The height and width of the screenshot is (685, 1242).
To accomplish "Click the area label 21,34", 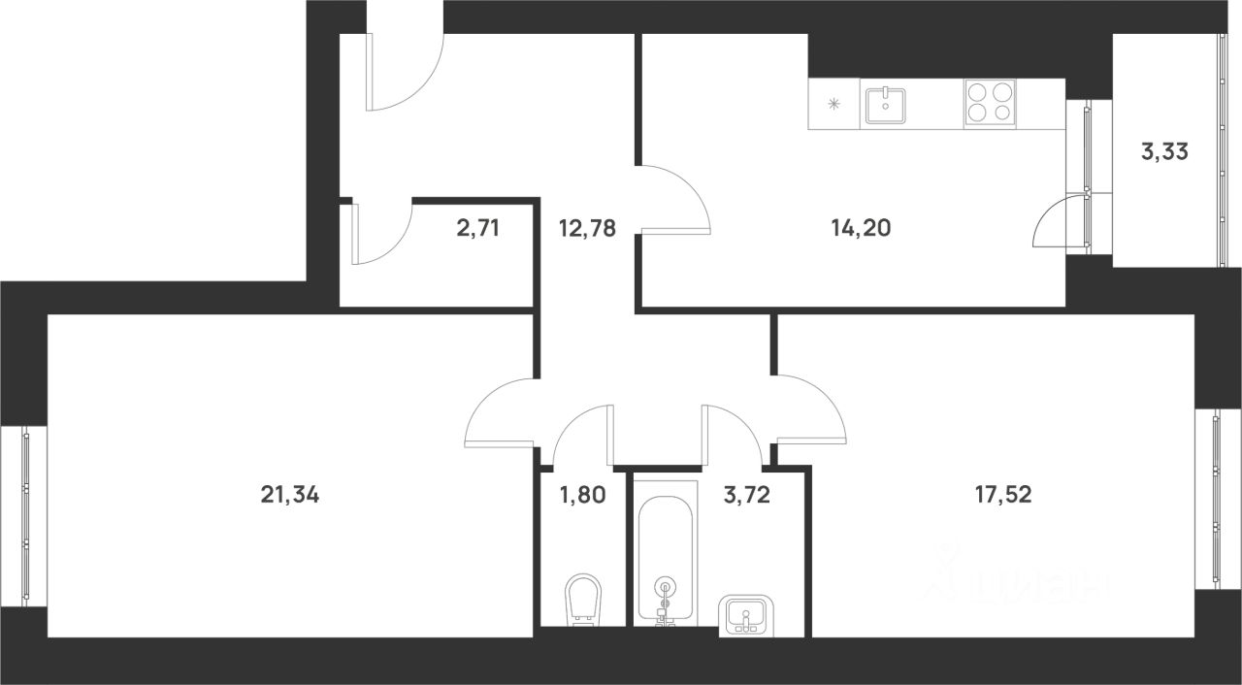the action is pos(290,495).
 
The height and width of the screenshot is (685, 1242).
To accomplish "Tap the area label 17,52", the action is pos(1003,495).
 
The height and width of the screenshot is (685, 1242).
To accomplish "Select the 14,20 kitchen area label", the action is pos(861,228).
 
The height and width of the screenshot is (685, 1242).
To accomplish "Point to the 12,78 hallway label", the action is pos(588,228).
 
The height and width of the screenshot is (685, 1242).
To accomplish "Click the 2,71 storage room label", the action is pos(478,228).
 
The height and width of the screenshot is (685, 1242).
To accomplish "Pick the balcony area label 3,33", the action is pos(1165,151).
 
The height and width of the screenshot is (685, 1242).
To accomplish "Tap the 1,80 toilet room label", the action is pos(583,495).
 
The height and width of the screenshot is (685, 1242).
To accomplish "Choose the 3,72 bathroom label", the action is pos(747,495).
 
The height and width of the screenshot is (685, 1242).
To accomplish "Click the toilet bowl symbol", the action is pos(583,600).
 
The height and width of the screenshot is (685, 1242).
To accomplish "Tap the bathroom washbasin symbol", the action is pos(746,615).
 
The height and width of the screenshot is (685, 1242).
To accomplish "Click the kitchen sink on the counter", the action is pos(886,106).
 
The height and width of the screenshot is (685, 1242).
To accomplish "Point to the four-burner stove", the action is pos(990,104).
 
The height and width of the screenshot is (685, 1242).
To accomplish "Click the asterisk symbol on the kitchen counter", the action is pos(833,104).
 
